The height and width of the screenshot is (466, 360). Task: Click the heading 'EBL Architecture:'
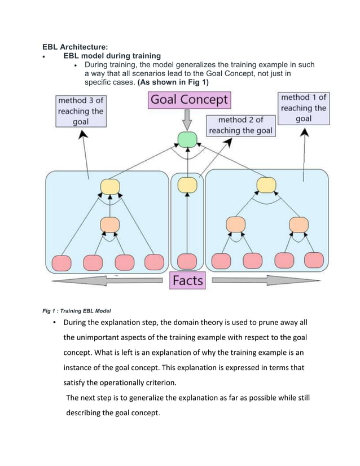[76, 47]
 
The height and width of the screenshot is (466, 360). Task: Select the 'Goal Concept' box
[189, 100]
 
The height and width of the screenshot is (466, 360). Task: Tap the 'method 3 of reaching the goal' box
[81, 111]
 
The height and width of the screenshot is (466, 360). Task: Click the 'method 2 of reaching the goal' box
[240, 125]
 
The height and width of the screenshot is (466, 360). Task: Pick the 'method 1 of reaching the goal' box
[304, 108]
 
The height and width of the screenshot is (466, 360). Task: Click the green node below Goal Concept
[187, 139]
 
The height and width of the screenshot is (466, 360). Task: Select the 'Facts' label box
[187, 280]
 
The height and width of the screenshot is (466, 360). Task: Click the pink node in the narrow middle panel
[187, 261]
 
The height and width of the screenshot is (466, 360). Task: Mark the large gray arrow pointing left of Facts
[107, 281]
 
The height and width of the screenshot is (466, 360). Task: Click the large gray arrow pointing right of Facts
[268, 281]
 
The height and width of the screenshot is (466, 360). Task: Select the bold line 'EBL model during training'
[112, 56]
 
